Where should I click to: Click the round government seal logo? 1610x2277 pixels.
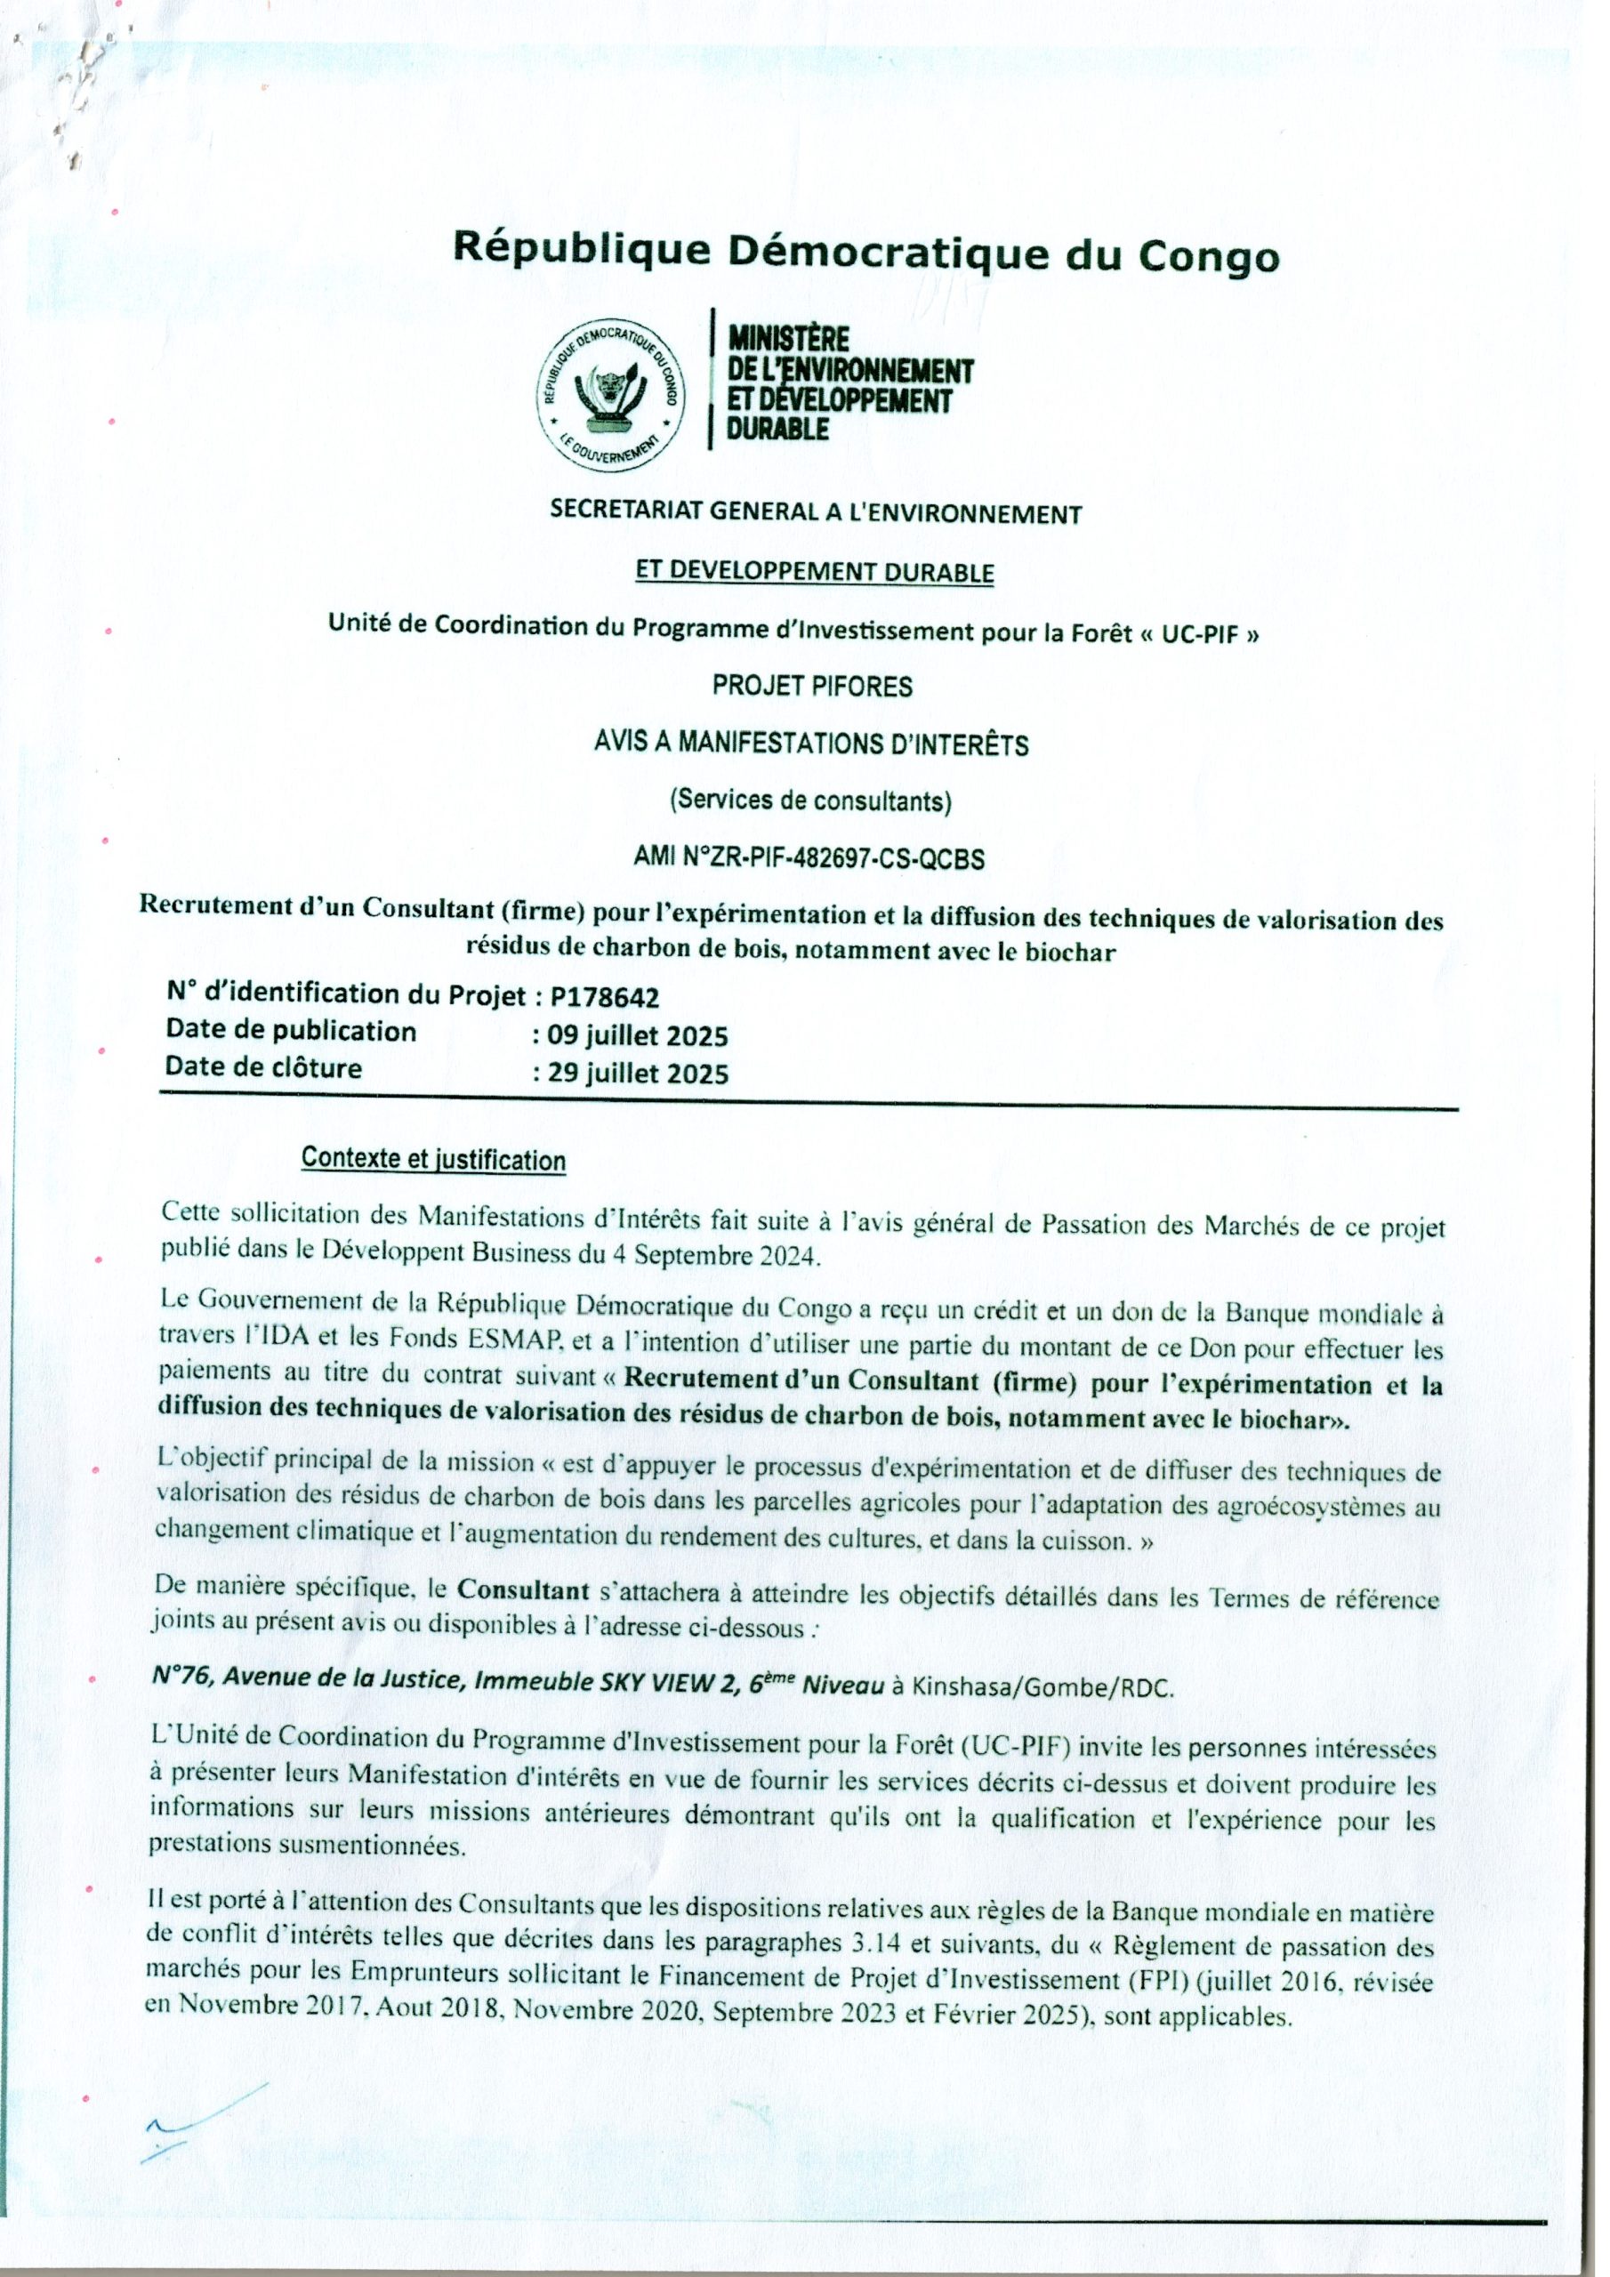(610, 393)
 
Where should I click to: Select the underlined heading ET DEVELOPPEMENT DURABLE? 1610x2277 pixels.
(813, 572)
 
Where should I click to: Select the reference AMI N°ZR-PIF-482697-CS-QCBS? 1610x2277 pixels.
(809, 859)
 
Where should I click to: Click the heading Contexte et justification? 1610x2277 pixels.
(433, 1159)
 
